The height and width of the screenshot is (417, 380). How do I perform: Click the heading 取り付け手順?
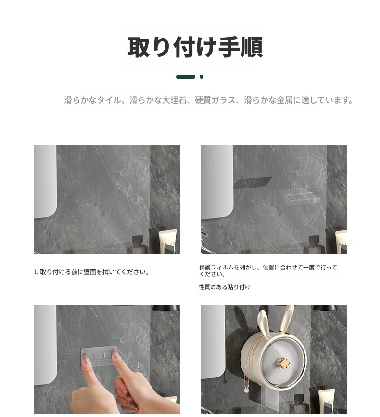click(x=195, y=47)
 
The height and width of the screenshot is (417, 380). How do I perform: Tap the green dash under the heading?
click(x=186, y=77)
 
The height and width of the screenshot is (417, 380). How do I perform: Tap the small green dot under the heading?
click(x=202, y=77)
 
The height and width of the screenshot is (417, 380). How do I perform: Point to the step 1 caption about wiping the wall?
click(x=91, y=272)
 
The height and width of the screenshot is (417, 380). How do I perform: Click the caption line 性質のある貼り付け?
click(x=225, y=287)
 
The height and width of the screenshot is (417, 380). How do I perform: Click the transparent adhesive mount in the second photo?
click(x=300, y=197)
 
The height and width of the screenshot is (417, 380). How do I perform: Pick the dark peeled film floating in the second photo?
click(x=253, y=183)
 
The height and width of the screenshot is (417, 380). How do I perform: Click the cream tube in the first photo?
click(x=167, y=242)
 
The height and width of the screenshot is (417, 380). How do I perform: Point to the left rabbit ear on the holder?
click(x=263, y=322)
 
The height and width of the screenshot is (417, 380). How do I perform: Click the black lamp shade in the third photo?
click(x=165, y=308)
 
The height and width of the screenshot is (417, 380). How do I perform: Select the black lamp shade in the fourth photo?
click(x=325, y=308)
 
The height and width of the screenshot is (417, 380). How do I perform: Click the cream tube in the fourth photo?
click(x=327, y=402)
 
